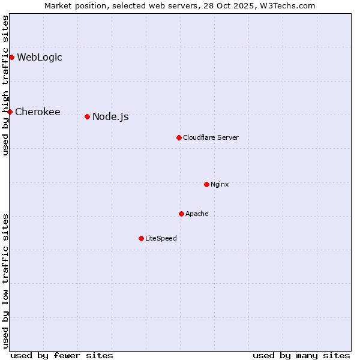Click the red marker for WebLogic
11,58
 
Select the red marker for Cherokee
10,112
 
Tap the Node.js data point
87,116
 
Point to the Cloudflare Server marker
179,137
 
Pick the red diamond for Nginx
206,184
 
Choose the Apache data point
181,214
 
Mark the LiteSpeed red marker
141,238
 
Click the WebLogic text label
39,58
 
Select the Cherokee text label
37,112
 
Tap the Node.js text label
110,116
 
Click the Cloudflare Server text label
211,137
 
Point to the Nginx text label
220,184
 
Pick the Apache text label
197,214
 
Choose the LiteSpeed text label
161,238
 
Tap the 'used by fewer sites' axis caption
62,355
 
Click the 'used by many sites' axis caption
301,355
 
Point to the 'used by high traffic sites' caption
5,85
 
